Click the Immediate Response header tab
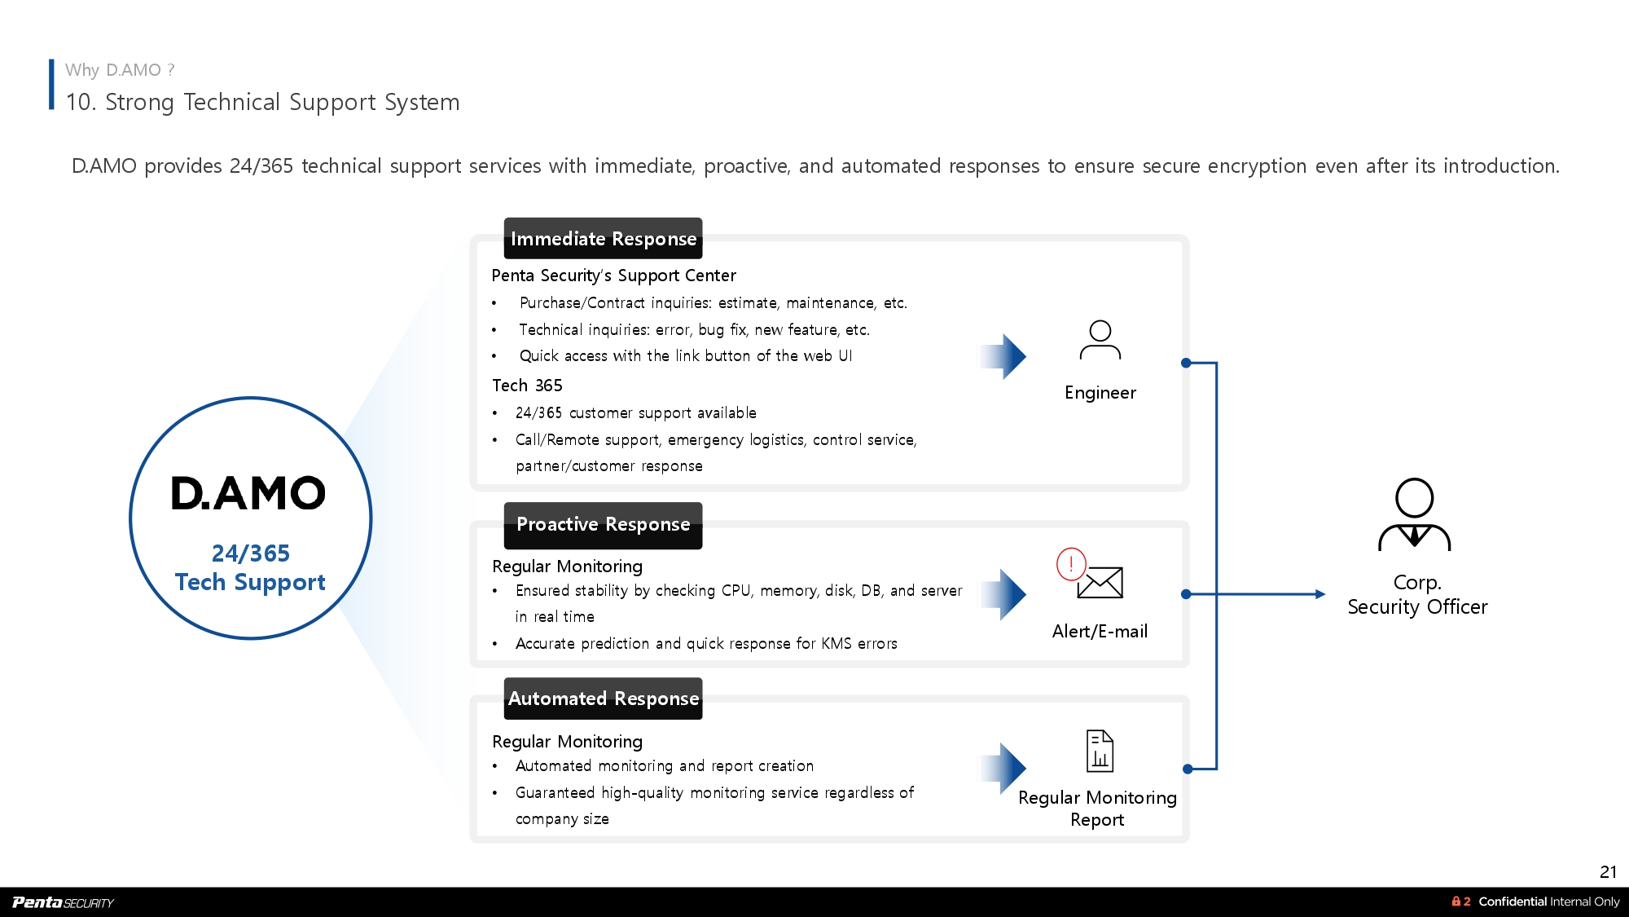coord(603,239)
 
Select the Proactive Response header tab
coord(603,524)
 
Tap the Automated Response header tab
coord(603,699)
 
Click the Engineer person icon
coord(1100,340)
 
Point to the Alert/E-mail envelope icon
coord(1100,582)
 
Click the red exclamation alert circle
coord(1071,563)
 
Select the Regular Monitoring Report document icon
coord(1100,751)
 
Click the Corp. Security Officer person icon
coord(1415,514)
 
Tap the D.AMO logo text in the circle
coord(248,494)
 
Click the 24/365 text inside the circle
coord(251,553)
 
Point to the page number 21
coord(1608,871)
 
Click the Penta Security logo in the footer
coord(63,902)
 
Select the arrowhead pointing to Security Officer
coord(1319,594)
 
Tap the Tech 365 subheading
coord(527,386)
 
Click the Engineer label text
coord(1100,393)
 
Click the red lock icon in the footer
coord(1456,902)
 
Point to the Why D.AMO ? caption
coord(120,70)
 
